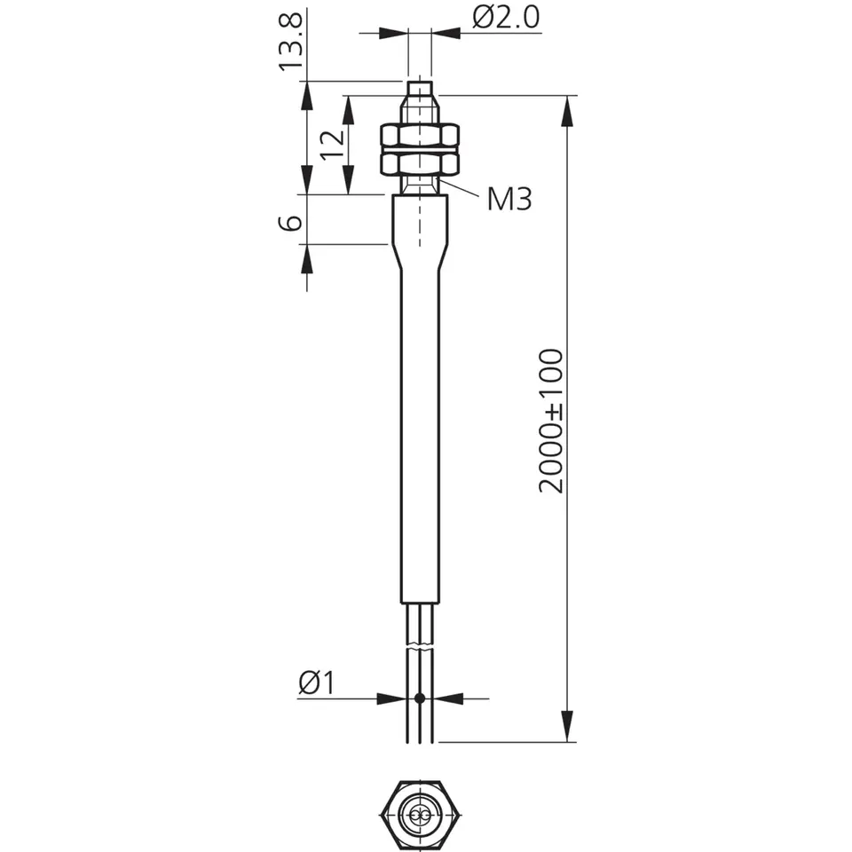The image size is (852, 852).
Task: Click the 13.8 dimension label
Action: point(291,42)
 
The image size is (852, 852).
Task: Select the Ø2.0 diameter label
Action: point(506,17)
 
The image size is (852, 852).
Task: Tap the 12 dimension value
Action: point(333,145)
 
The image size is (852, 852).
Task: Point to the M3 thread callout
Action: point(509,199)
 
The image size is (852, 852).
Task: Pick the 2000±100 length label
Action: point(550,421)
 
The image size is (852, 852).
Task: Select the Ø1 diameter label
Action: point(318,682)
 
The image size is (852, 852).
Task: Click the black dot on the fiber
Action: point(419,698)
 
